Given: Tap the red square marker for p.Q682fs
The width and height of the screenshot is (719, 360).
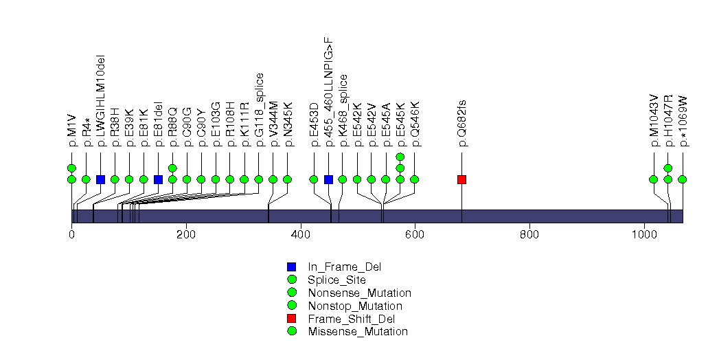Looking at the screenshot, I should (x=462, y=179).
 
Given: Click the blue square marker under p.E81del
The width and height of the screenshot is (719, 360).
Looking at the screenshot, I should (x=158, y=179).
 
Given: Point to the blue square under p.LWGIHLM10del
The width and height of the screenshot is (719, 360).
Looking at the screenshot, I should (x=100, y=179).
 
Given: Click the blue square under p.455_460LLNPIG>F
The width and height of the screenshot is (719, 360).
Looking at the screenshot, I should (x=328, y=179).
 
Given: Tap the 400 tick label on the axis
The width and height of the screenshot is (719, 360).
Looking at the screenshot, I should (x=301, y=234).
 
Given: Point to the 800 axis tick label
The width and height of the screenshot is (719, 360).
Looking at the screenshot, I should (x=529, y=234).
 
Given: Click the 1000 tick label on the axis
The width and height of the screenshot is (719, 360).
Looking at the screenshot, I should (x=644, y=234).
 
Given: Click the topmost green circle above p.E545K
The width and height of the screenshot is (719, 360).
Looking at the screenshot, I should (x=400, y=157).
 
